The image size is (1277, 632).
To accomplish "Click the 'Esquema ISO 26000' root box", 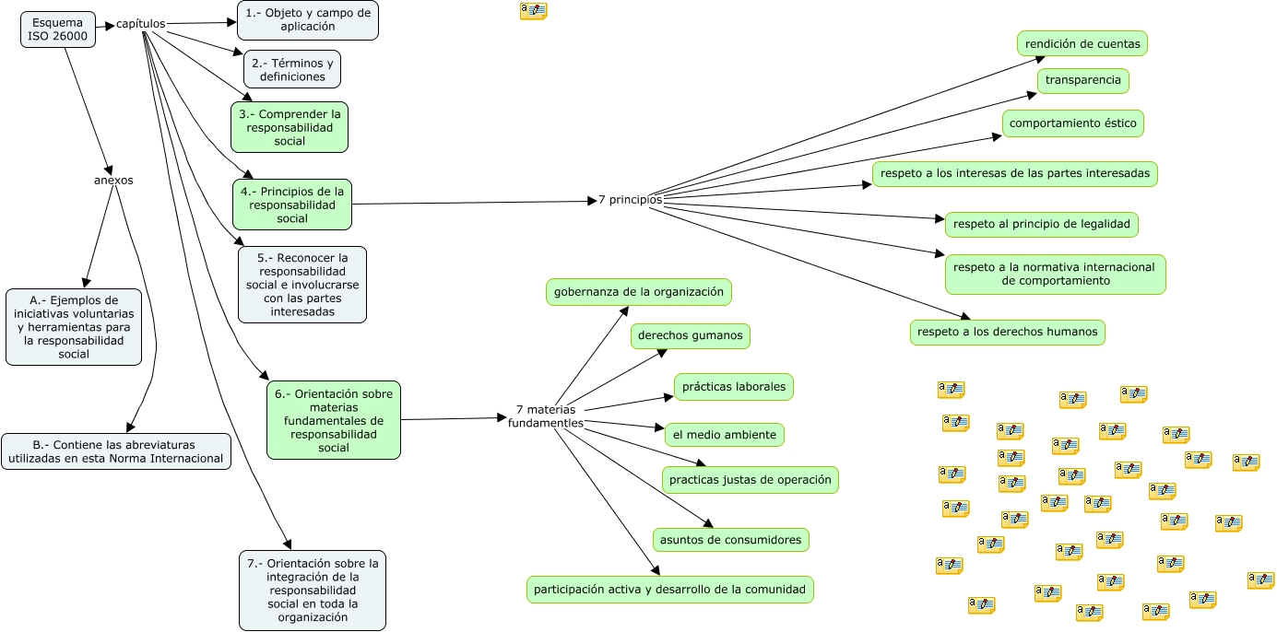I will (57, 29).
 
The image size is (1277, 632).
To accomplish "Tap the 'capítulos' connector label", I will (141, 23).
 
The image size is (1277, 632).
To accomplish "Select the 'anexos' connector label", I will (113, 181).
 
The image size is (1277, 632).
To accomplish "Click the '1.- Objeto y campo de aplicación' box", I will (308, 20).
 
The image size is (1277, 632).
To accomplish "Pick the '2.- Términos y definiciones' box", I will (292, 69).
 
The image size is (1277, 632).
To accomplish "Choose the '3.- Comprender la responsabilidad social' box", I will (290, 127).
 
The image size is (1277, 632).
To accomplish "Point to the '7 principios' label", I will (630, 199).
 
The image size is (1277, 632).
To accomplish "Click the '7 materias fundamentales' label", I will (546, 415).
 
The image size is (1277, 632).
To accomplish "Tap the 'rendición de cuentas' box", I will (1082, 43).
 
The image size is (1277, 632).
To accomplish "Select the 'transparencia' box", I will (1083, 80).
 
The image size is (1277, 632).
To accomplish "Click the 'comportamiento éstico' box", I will (1073, 123).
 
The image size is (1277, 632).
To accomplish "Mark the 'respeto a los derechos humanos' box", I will (1007, 332).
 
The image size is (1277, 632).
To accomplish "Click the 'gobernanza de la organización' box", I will (639, 292).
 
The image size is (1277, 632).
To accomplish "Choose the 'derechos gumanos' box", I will (690, 335).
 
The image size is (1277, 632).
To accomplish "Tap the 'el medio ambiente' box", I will (725, 434).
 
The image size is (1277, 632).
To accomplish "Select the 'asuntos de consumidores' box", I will (731, 540).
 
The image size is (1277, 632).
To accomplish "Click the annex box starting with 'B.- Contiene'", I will (116, 451).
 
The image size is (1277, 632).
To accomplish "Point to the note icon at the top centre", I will (533, 11).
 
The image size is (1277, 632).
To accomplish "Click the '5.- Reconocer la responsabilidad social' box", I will (302, 285).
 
